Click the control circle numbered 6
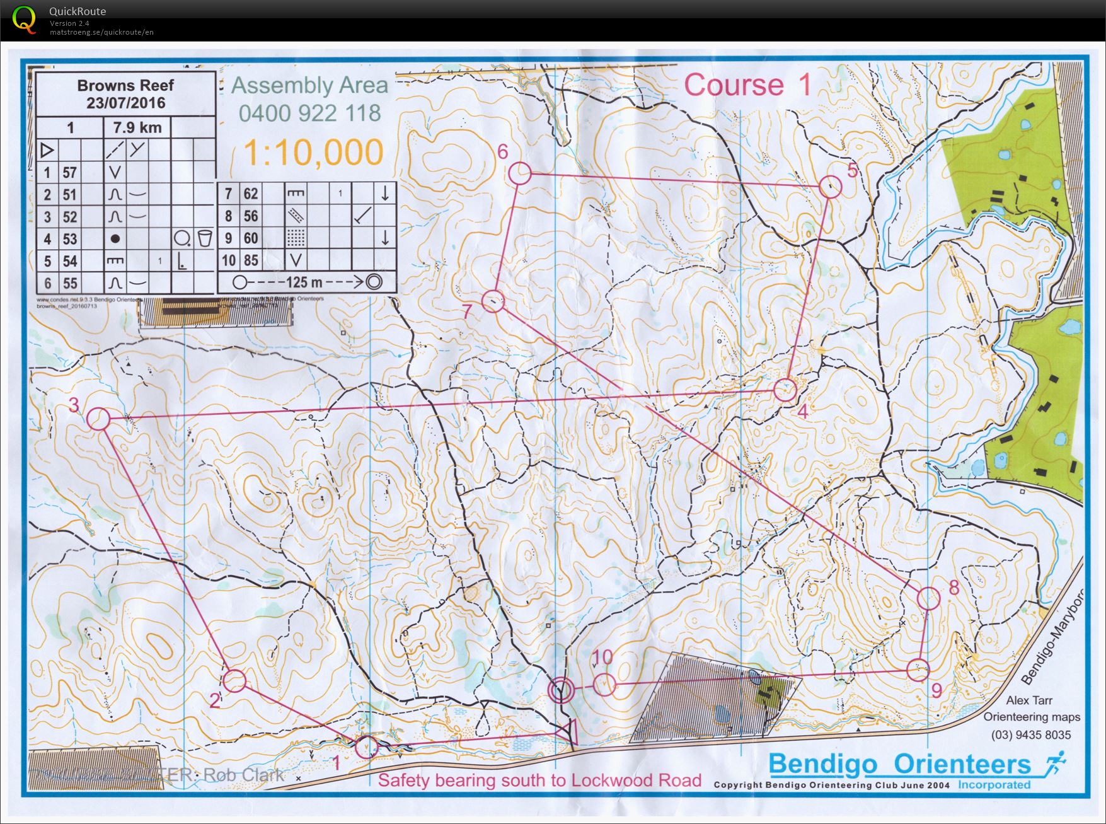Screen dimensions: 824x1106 coord(520,173)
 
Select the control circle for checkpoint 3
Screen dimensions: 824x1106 coord(98,419)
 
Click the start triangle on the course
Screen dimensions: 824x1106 coord(568,732)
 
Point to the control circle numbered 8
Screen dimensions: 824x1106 coord(928,598)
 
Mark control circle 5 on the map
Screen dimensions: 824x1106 coord(831,187)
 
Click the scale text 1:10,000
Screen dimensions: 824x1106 coord(313,153)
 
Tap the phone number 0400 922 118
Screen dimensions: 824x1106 coord(309,113)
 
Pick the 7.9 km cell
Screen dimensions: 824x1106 coord(137,127)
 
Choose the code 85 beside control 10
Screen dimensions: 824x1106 coord(251,260)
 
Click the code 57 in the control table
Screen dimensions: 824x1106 coord(69,172)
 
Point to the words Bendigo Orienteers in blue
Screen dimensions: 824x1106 coord(899,764)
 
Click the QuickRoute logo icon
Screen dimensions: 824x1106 coord(24,19)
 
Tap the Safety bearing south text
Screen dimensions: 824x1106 coord(539,780)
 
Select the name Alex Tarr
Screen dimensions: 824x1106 coord(1029,700)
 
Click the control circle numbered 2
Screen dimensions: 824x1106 coord(234,681)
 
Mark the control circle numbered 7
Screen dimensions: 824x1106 coord(493,301)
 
